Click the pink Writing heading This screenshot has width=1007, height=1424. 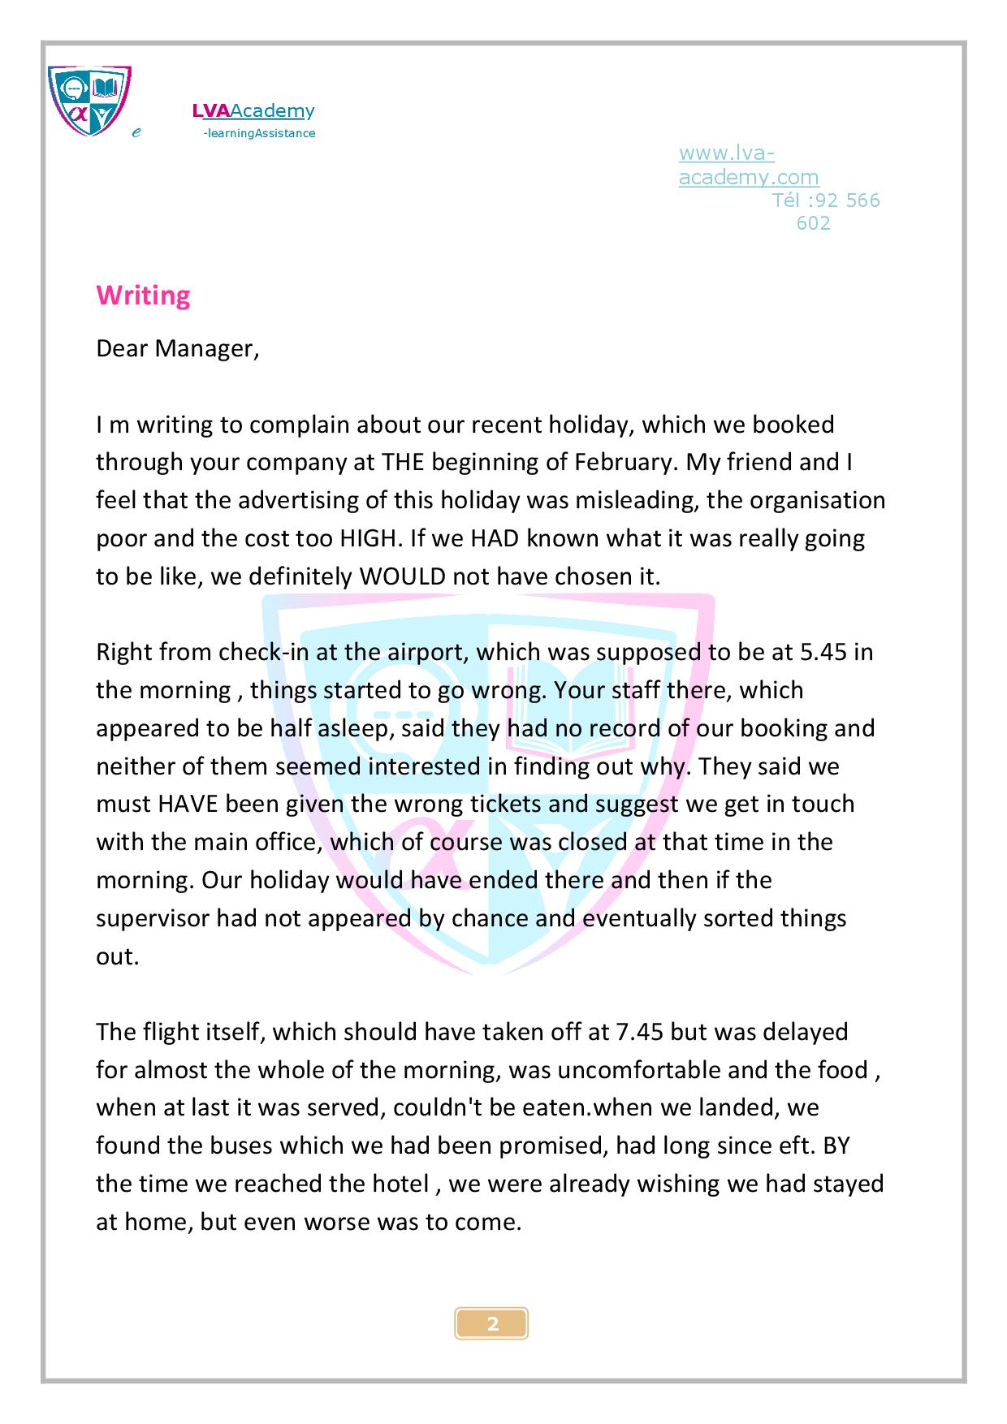point(143,296)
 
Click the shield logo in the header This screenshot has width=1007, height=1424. point(89,101)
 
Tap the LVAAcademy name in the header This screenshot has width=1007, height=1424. point(253,111)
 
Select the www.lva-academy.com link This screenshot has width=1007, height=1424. point(748,166)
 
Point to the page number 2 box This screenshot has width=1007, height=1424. point(492,1323)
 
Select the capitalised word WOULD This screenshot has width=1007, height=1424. point(403,577)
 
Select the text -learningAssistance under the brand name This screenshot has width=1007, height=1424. point(259,134)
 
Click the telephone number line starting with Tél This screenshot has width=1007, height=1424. point(825,201)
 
